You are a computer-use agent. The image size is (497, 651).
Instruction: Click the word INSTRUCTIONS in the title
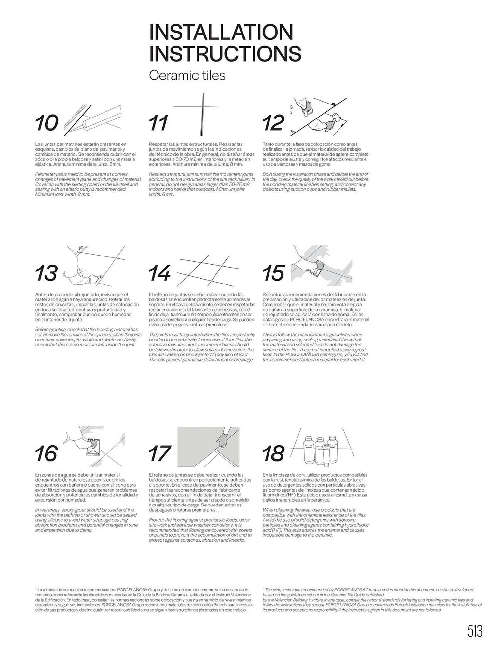(225, 53)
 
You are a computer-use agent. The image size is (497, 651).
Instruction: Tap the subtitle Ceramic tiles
(187, 76)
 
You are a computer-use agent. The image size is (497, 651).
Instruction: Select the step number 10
(47, 123)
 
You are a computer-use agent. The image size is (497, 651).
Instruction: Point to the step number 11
(159, 123)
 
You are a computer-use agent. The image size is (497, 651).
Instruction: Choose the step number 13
(47, 273)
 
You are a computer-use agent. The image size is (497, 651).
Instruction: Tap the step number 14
(159, 273)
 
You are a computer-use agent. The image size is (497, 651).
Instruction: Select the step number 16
(47, 453)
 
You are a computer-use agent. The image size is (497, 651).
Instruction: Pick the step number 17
(159, 453)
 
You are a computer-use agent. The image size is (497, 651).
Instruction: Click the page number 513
(475, 631)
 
